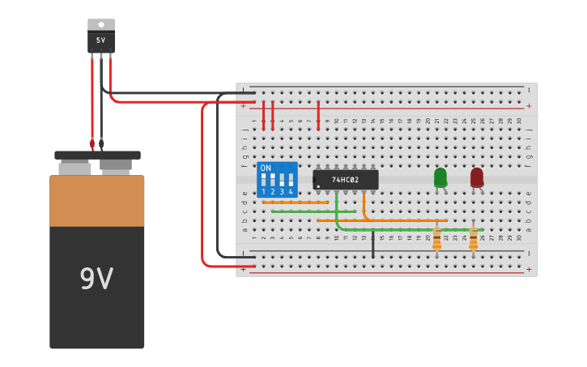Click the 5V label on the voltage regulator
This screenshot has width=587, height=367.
101,41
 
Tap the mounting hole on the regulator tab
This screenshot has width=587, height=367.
101,24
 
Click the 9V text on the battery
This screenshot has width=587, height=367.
96,279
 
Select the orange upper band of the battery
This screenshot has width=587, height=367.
96,201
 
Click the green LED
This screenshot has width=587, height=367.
440,177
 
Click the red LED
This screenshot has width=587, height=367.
477,177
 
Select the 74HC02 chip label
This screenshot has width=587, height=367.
346,180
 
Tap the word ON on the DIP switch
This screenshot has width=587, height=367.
266,168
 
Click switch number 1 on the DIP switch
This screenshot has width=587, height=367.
263,180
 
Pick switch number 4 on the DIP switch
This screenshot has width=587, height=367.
291,180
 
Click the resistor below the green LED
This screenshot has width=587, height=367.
437,238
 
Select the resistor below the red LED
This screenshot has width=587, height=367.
474,238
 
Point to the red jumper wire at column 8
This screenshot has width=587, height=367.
318,115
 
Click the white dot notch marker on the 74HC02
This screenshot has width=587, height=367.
317,186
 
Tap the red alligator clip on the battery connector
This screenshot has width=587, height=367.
92,144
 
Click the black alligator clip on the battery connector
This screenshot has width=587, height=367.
101,144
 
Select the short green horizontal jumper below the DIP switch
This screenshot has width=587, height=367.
313,211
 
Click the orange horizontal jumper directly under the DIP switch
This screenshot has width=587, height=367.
295,202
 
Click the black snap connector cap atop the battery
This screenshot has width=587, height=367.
97,155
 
